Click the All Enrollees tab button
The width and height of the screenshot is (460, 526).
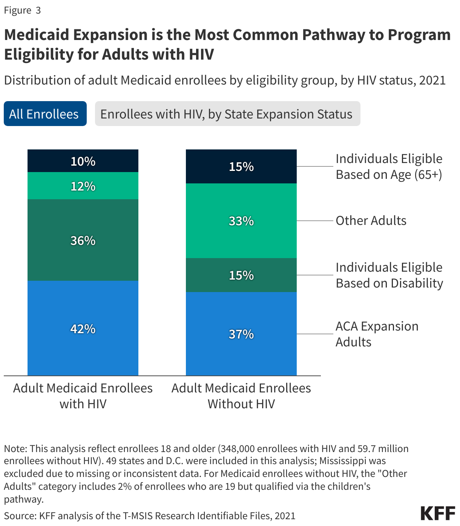(45, 114)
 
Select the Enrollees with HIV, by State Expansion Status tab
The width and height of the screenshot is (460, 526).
(227, 114)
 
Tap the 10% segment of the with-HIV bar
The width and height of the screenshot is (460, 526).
(83, 161)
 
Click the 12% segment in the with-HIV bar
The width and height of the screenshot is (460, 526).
(83, 186)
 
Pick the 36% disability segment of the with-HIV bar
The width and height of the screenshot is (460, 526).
(83, 240)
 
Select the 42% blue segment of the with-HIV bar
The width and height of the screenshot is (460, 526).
(83, 329)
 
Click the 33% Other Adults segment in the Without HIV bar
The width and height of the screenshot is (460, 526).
(241, 221)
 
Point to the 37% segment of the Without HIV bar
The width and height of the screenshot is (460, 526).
(241, 334)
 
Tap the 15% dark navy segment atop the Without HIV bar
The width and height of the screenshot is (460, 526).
(241, 166)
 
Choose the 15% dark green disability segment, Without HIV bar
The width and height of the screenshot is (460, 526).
(241, 275)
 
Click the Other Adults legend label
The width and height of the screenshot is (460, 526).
(371, 221)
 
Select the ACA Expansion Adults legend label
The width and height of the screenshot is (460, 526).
(377, 334)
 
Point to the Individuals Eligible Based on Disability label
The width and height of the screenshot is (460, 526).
(389, 275)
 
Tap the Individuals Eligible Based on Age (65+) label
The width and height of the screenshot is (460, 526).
(389, 166)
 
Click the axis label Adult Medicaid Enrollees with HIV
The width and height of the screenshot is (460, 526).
(83, 396)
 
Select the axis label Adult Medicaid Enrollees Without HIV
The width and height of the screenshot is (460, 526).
(241, 396)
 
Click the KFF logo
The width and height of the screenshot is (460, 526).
(438, 514)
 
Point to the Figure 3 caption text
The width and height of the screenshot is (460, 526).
(22, 10)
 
